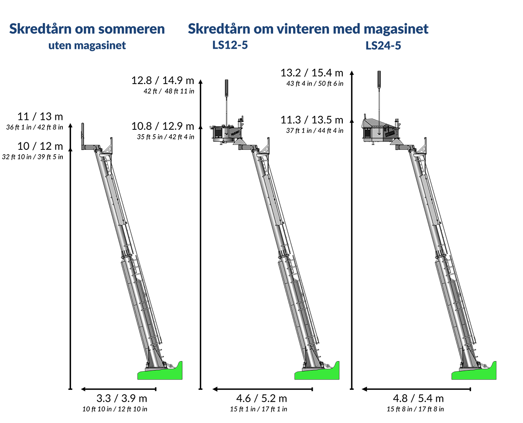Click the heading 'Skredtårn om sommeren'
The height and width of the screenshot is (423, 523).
87,29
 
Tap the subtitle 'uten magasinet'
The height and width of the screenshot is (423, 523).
87,45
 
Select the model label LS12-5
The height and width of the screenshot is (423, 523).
230,45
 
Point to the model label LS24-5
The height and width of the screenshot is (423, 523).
383,46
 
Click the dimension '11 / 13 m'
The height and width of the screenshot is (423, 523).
40,117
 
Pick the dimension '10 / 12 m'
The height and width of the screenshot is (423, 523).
40,146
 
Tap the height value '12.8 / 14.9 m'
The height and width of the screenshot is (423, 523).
163,80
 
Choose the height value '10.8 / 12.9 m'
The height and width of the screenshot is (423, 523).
163,126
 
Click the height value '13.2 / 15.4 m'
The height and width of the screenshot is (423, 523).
312,73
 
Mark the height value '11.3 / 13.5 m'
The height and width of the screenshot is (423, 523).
312,120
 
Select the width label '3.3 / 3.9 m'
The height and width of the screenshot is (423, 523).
122,398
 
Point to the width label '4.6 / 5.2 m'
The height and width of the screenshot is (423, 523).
262,398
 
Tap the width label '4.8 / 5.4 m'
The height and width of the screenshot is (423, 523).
418,398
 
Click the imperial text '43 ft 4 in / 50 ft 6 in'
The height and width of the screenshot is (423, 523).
315,84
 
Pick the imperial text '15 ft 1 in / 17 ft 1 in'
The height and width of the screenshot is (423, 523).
259,409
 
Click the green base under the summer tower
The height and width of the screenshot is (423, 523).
160,373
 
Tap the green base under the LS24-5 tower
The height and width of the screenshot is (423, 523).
474,373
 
